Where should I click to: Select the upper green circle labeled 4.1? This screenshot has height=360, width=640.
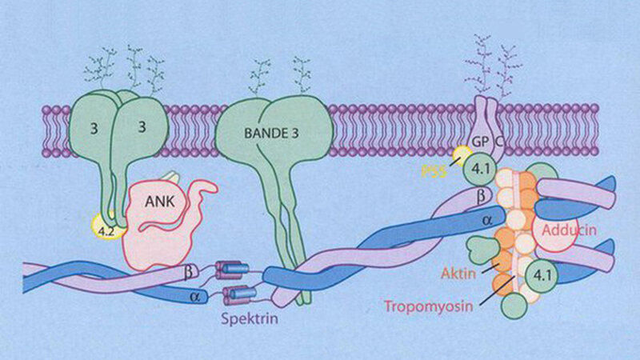[482, 170]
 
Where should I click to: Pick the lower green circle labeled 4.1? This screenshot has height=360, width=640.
[542, 278]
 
